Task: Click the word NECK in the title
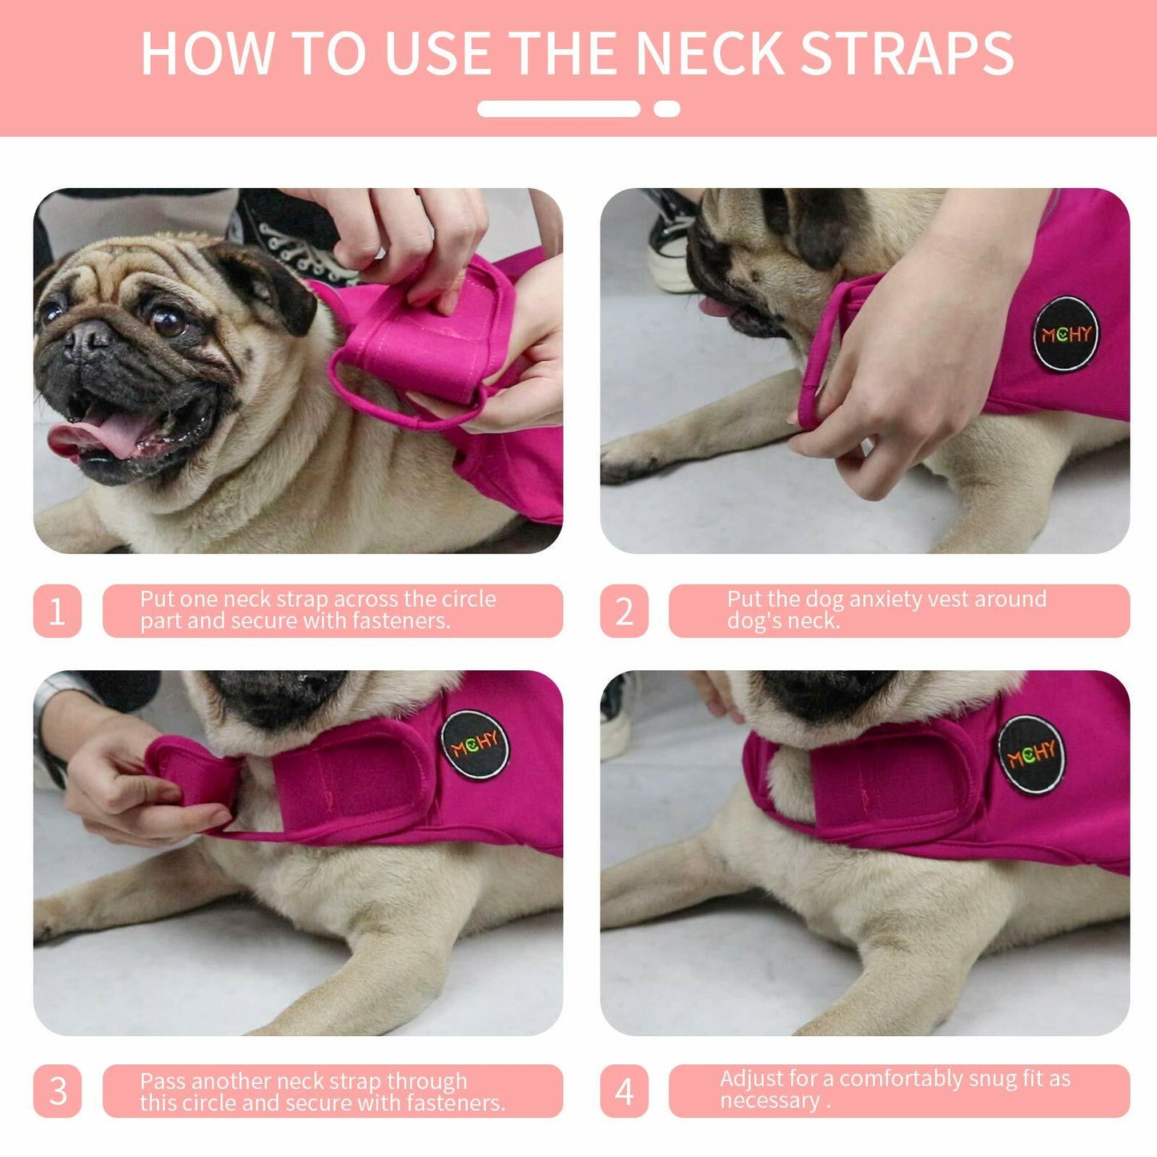point(709,54)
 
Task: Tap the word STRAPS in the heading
point(907,54)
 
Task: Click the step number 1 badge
point(57,611)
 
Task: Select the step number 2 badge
point(624,611)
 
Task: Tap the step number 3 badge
point(57,1091)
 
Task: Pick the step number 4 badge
point(624,1091)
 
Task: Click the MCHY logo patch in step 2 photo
point(1065,334)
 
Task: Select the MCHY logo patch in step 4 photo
point(1031,753)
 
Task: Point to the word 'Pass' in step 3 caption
point(163,1081)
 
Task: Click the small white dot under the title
point(667,109)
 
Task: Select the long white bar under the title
point(559,109)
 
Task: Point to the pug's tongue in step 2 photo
point(715,307)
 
